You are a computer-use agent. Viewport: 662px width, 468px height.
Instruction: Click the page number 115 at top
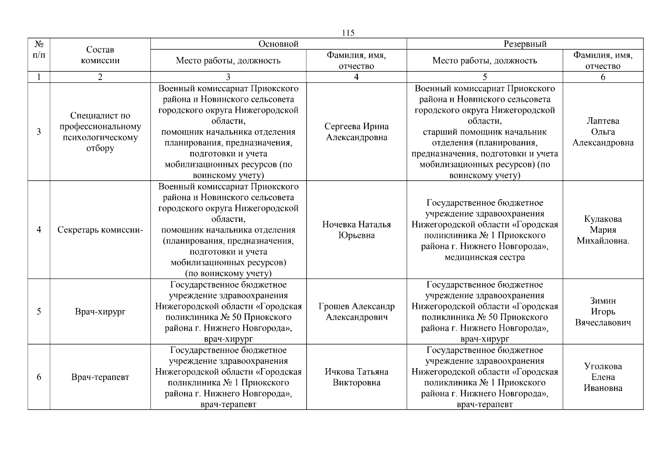pyautogui.click(x=348, y=33)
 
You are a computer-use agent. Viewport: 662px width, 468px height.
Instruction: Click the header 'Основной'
pyautogui.click(x=279, y=44)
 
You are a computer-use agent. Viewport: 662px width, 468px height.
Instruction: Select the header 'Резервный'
pyautogui.click(x=525, y=44)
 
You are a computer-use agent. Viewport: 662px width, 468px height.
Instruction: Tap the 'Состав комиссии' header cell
pyautogui.click(x=100, y=55)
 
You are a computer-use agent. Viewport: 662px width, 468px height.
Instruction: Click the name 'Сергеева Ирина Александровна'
pyautogui.click(x=357, y=132)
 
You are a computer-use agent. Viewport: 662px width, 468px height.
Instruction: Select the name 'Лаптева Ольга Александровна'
pyautogui.click(x=603, y=132)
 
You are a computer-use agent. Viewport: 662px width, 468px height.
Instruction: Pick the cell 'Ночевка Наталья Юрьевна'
pyautogui.click(x=357, y=230)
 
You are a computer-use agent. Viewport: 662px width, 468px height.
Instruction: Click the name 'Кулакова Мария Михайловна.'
pyautogui.click(x=603, y=230)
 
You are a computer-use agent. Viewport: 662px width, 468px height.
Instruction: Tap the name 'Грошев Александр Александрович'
pyautogui.click(x=357, y=312)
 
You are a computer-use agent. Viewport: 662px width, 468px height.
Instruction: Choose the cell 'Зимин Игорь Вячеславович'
pyautogui.click(x=603, y=312)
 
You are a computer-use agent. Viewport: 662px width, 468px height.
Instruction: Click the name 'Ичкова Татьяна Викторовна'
pyautogui.click(x=357, y=377)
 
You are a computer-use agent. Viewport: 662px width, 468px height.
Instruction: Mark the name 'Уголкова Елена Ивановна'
pyautogui.click(x=603, y=377)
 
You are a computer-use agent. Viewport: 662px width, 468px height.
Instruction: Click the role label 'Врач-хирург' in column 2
pyautogui.click(x=100, y=312)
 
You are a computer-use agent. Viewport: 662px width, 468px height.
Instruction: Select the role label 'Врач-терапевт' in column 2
pyautogui.click(x=100, y=377)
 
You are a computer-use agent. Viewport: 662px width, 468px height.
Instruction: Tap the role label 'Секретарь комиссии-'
pyautogui.click(x=100, y=230)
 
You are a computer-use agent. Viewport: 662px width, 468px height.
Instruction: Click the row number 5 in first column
pyautogui.click(x=39, y=312)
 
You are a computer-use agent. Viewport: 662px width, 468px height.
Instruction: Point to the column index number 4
pyautogui.click(x=356, y=77)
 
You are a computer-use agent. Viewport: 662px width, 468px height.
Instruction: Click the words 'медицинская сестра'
pyautogui.click(x=485, y=257)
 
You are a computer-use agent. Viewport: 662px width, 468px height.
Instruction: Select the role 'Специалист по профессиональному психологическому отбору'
pyautogui.click(x=100, y=132)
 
